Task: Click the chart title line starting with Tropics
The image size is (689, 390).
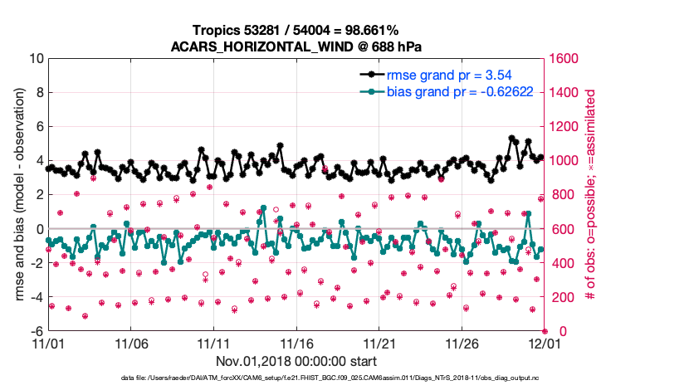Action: [x=296, y=30]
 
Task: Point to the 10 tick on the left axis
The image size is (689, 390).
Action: [x=37, y=59]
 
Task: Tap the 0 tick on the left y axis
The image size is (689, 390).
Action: [x=40, y=229]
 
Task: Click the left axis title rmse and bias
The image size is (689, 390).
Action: [x=17, y=195]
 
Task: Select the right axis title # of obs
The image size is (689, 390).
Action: [x=590, y=195]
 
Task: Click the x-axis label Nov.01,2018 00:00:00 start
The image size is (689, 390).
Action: [x=296, y=362]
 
